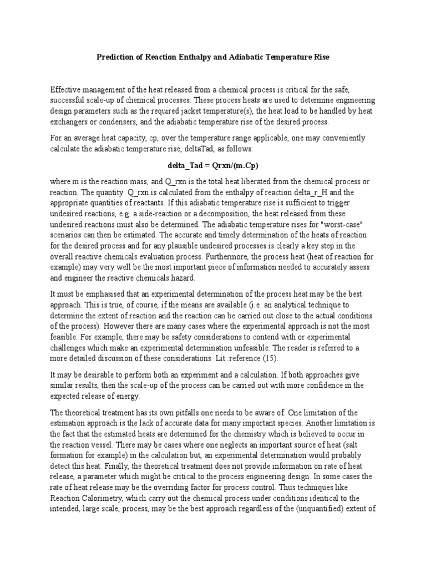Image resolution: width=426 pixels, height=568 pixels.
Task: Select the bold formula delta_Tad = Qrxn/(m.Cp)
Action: click(x=214, y=165)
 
